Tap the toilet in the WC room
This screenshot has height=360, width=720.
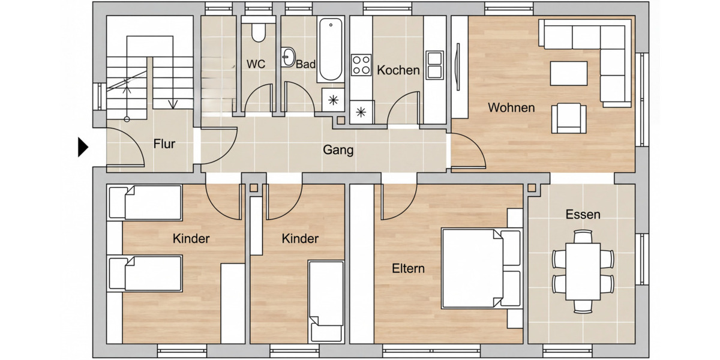(258, 32)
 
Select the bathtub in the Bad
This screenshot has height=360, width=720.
(330, 50)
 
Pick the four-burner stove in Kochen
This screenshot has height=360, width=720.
(361, 65)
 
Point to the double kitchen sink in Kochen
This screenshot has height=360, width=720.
(434, 65)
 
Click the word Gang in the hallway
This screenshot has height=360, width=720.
(338, 150)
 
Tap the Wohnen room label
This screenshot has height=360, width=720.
(511, 108)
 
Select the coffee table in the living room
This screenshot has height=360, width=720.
(569, 73)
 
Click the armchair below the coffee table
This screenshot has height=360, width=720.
(569, 118)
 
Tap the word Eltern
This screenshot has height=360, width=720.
(409, 268)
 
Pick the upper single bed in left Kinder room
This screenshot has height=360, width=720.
(145, 203)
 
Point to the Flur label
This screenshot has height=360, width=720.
(164, 144)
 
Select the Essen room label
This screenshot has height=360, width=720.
(583, 214)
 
